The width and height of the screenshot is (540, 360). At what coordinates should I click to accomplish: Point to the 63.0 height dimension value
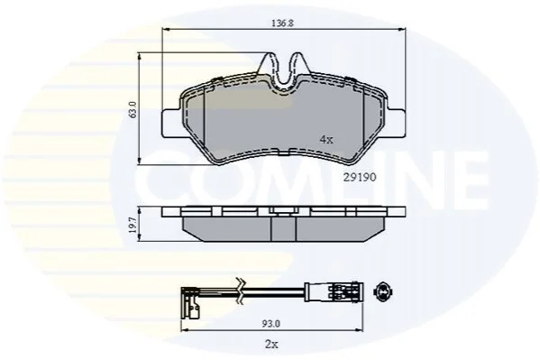(133, 110)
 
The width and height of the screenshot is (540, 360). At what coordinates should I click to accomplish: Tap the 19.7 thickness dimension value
(133, 225)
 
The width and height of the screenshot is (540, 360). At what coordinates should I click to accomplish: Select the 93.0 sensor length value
(271, 323)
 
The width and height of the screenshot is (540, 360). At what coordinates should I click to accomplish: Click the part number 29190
(360, 177)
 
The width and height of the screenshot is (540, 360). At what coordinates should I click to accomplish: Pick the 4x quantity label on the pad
(326, 140)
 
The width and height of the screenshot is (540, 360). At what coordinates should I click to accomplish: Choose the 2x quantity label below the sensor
(271, 344)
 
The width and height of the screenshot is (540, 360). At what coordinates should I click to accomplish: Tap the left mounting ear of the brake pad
(170, 123)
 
